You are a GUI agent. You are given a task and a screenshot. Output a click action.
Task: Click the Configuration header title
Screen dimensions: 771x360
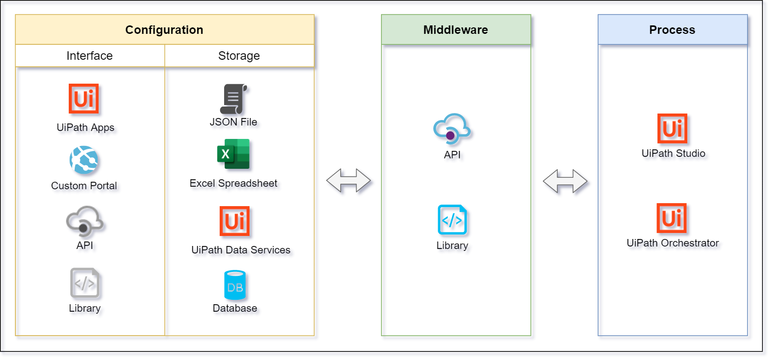(164, 30)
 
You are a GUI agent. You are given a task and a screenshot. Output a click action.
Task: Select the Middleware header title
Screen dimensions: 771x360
(455, 30)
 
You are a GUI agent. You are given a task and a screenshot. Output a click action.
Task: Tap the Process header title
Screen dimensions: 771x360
(672, 30)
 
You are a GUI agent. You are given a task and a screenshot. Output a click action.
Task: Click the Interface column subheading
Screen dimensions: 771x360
(90, 56)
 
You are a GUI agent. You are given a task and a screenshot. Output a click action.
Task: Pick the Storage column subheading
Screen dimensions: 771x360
(239, 56)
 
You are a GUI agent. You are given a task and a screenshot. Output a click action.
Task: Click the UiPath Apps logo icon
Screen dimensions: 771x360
(84, 99)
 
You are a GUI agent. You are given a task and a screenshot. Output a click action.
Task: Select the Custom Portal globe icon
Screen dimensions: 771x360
(84, 160)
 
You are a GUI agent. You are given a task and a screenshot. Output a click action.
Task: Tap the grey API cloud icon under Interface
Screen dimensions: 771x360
(84, 221)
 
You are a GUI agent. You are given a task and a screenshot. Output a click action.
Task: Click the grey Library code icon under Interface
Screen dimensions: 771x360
(85, 283)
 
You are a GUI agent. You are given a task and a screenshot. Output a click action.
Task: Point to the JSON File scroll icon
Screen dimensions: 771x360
(234, 99)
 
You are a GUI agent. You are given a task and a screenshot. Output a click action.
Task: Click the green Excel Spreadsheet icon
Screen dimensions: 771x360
(234, 154)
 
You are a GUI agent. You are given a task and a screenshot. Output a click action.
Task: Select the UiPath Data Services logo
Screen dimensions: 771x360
(235, 221)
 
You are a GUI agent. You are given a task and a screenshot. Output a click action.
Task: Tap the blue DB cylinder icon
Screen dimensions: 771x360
(235, 285)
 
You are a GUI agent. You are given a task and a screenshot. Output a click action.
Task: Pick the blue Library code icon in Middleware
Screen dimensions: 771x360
(452, 220)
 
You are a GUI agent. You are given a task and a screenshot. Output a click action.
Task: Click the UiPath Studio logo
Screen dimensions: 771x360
(672, 128)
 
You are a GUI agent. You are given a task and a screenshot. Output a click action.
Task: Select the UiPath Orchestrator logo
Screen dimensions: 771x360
(671, 218)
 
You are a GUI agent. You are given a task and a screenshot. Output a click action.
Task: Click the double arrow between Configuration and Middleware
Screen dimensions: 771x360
(348, 180)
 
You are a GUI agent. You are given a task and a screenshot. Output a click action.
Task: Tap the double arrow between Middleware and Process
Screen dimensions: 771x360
(565, 181)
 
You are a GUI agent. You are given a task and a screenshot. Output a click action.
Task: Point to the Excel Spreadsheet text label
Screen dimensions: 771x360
(234, 183)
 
